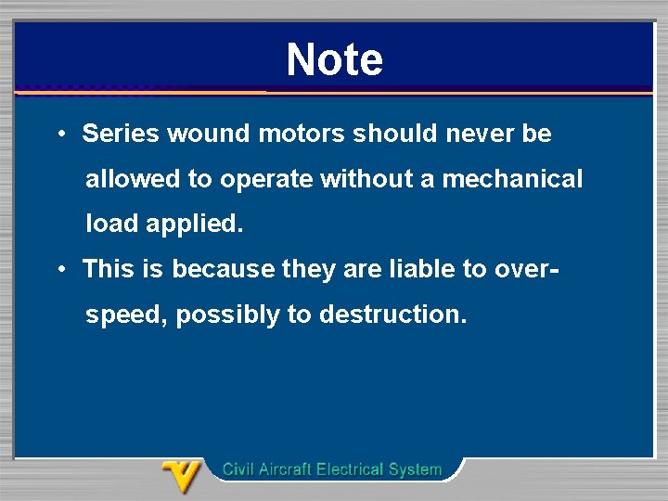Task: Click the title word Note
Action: click(334, 59)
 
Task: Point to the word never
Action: click(480, 134)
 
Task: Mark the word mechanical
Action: click(512, 179)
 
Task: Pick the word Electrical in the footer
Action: click(352, 469)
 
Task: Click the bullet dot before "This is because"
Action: click(59, 270)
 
